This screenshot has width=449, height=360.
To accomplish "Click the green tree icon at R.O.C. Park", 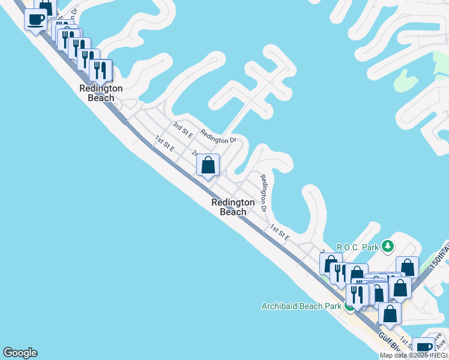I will coord(388,245).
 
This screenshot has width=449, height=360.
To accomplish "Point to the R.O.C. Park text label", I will coord(358,247).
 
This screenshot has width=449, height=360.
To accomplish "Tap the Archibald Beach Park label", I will coord(301,306).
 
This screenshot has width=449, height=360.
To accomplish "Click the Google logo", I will coord(20,353).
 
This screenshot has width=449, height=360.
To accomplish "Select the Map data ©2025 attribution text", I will coord(414,355).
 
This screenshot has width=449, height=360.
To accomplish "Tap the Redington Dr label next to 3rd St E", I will coord(218,137).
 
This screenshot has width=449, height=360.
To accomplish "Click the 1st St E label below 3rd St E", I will coord(164,143).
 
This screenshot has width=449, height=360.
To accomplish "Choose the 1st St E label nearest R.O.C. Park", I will coord(280,233).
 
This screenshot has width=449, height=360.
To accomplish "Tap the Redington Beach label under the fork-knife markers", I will coord(101,93).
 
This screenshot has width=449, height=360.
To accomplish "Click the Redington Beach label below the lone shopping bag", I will coord(233,207).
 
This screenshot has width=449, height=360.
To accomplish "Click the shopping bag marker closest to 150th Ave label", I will coord(408,268).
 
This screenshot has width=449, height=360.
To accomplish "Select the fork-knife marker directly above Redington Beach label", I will coord(101,70).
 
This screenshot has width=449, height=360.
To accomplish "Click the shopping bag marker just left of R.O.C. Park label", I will coord(331,263).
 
